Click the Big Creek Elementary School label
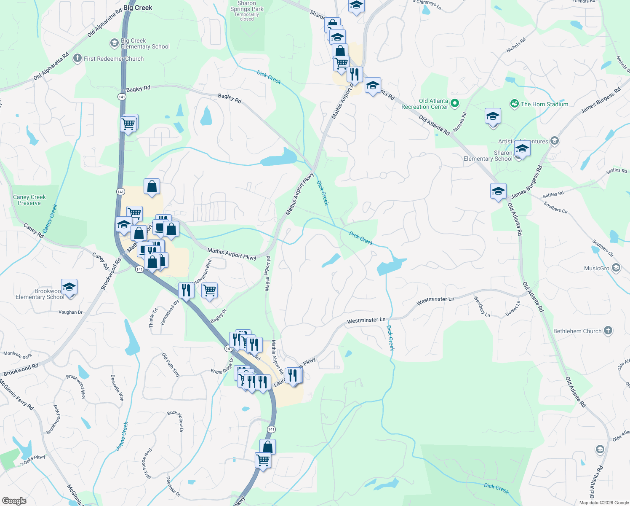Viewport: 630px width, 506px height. tap(145, 44)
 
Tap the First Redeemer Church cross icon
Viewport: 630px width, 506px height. tap(77, 58)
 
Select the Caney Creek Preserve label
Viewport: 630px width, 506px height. tap(29, 200)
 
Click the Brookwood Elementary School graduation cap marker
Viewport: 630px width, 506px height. tap(69, 288)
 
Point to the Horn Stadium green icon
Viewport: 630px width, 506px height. tap(514, 104)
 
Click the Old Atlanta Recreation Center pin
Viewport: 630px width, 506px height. tap(454, 103)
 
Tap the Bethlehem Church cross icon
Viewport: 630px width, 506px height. tap(608, 331)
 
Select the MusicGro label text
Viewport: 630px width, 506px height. tap(597, 268)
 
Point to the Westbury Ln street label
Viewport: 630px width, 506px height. tap(482, 307)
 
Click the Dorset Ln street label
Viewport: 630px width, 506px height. tap(513, 308)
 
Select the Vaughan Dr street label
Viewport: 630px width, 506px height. tap(70, 312)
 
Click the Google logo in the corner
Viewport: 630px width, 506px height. tap(14, 501)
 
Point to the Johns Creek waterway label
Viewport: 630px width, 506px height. tap(122, 436)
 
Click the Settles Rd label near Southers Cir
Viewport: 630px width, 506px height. tap(553, 195)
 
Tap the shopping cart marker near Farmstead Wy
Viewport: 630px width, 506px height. tap(209, 291)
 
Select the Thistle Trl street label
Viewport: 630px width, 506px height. tap(153, 318)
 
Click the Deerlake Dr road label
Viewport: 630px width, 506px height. tap(173, 487)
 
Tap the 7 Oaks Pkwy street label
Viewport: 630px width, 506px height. tap(33, 460)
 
